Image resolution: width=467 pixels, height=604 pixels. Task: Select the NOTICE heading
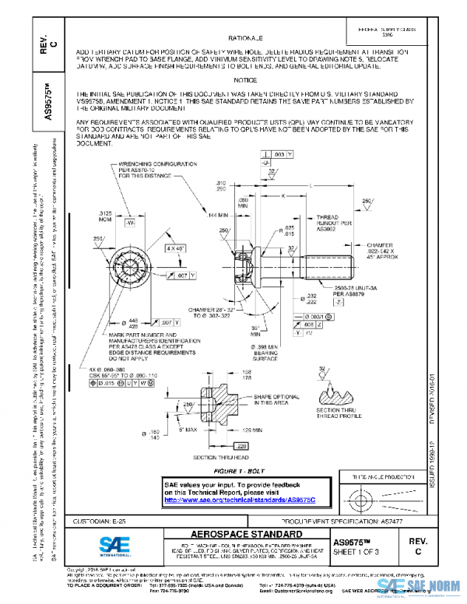pyautogui.click(x=244, y=80)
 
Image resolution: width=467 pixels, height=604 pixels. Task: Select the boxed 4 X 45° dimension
pyautogui.click(x=174, y=247)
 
